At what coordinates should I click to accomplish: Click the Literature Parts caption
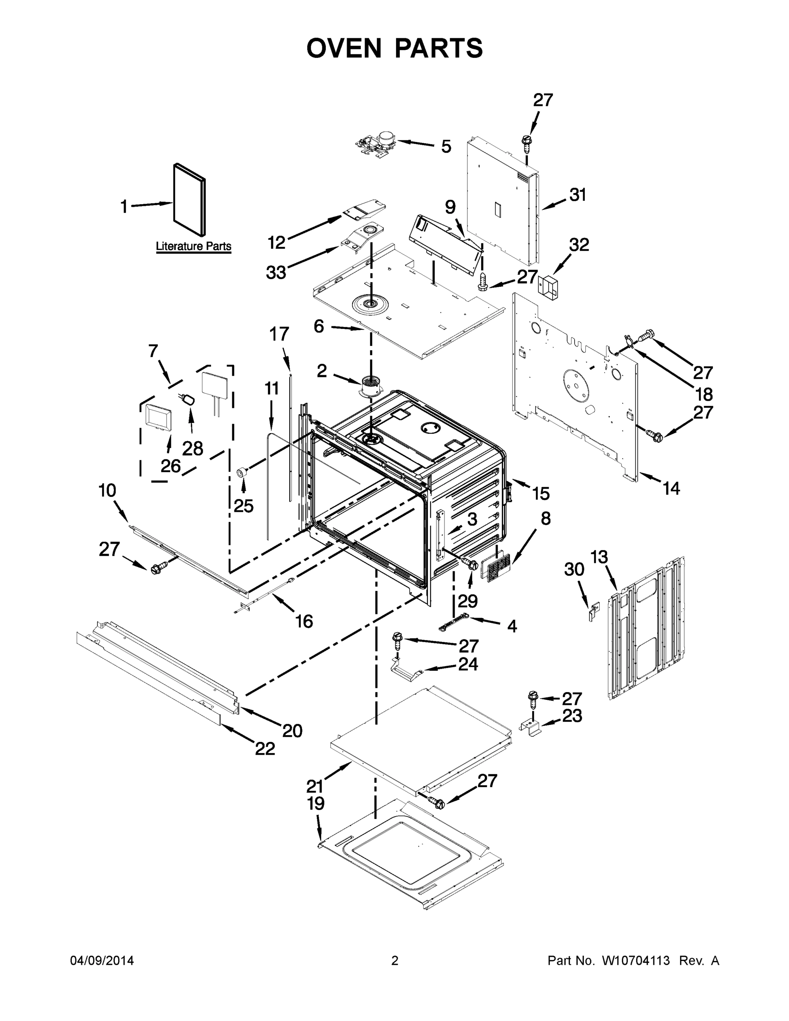tap(193, 246)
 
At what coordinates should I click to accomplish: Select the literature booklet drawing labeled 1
tap(189, 200)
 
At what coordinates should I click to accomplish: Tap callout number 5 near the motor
tap(446, 146)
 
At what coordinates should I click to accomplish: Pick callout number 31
tap(578, 194)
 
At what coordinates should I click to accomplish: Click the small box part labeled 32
tap(547, 287)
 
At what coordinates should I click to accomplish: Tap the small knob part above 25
tap(242, 471)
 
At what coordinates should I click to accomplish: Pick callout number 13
tap(599, 557)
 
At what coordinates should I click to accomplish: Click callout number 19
tap(316, 803)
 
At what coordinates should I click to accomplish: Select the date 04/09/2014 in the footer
tap(102, 960)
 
